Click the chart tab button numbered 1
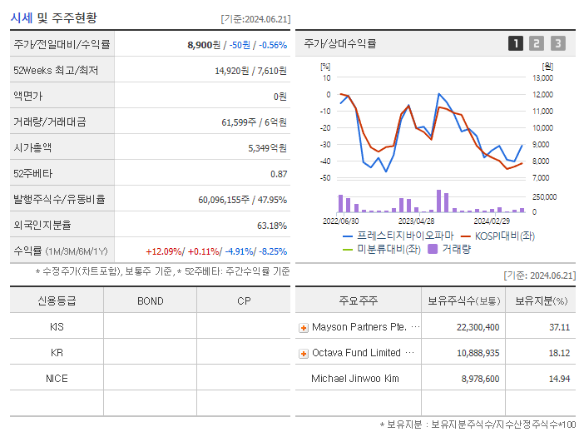517,43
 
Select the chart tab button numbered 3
557,43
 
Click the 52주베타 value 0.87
279,173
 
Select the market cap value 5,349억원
267,147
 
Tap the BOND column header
150,300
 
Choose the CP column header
244,300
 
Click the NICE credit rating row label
57,378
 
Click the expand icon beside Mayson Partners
304,328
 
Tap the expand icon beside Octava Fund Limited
304,354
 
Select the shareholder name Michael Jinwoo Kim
355,379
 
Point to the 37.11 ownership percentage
559,327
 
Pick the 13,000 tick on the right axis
542,78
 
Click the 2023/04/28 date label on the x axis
416,221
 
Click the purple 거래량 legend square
433,248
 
